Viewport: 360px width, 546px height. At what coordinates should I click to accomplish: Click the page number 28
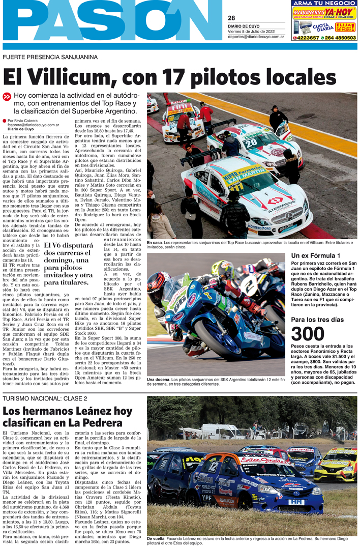coord(231,18)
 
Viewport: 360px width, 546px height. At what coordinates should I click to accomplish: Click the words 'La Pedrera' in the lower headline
coord(95,423)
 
